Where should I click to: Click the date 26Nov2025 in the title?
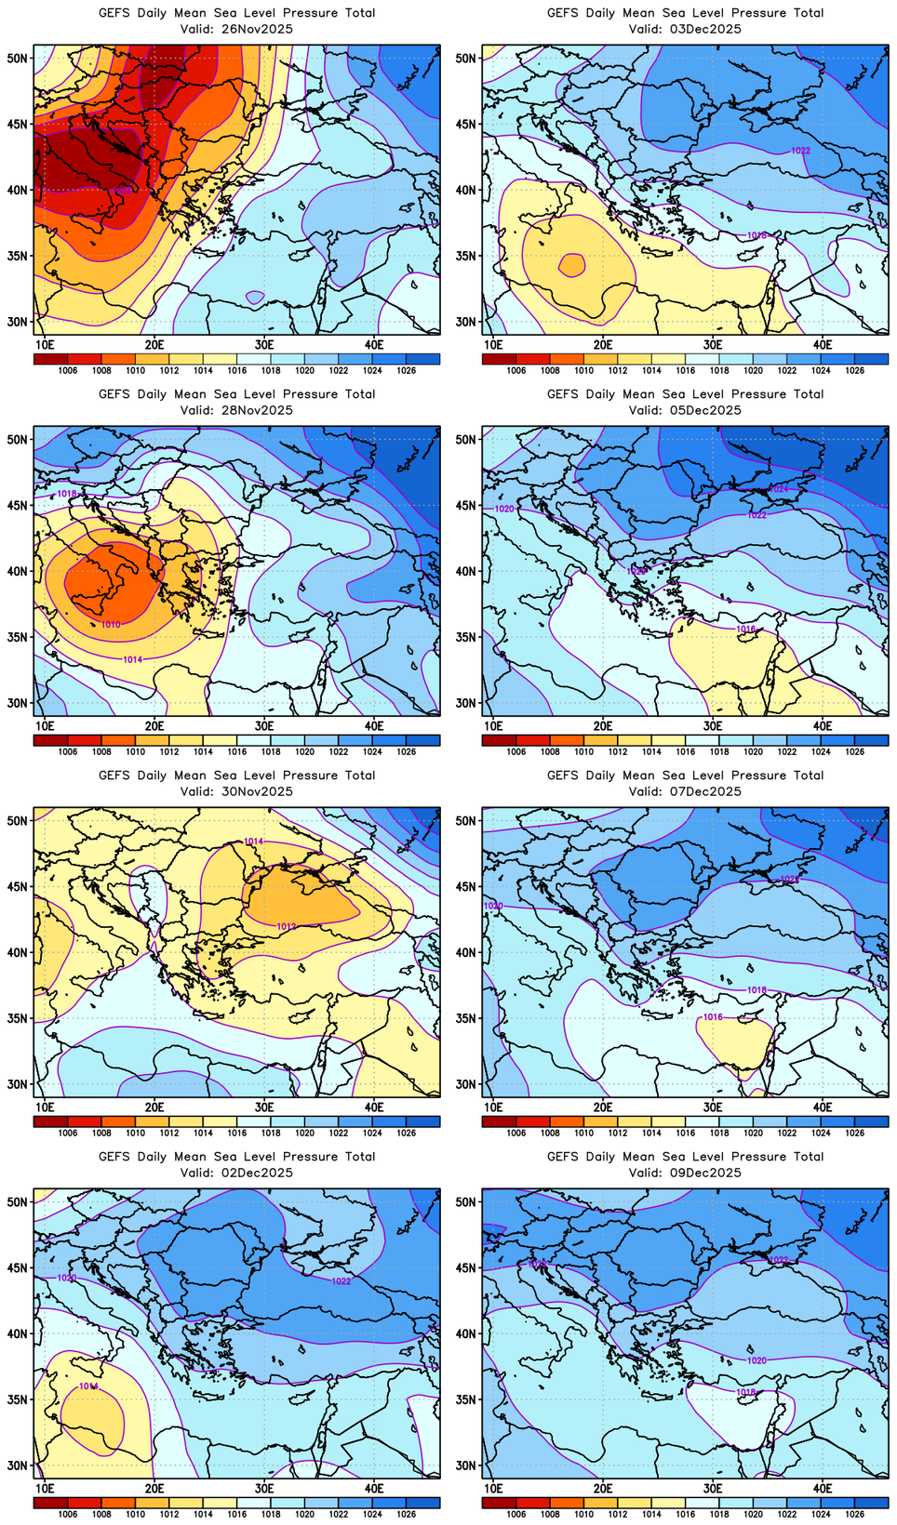(x=256, y=29)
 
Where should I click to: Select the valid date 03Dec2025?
(x=704, y=29)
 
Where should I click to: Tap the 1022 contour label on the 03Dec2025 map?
(x=800, y=151)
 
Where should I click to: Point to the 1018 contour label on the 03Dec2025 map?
(x=757, y=236)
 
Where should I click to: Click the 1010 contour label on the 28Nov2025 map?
(x=111, y=625)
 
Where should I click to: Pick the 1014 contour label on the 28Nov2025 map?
(x=133, y=659)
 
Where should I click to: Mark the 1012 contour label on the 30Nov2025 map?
(x=287, y=926)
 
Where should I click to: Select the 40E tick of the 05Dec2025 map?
(x=823, y=725)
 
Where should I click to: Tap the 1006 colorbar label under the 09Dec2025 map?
(x=516, y=1514)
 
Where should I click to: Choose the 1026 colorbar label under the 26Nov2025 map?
(x=407, y=370)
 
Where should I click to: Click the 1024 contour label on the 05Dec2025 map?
(x=779, y=489)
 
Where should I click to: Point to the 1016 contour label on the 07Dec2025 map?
(x=713, y=1017)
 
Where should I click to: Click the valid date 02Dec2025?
(x=256, y=1173)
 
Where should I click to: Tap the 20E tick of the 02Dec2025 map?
(x=154, y=1488)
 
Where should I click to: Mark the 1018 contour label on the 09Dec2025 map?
(x=746, y=1392)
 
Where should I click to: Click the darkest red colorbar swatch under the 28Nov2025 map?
(x=50, y=740)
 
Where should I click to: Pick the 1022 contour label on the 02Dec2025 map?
(x=341, y=1281)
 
